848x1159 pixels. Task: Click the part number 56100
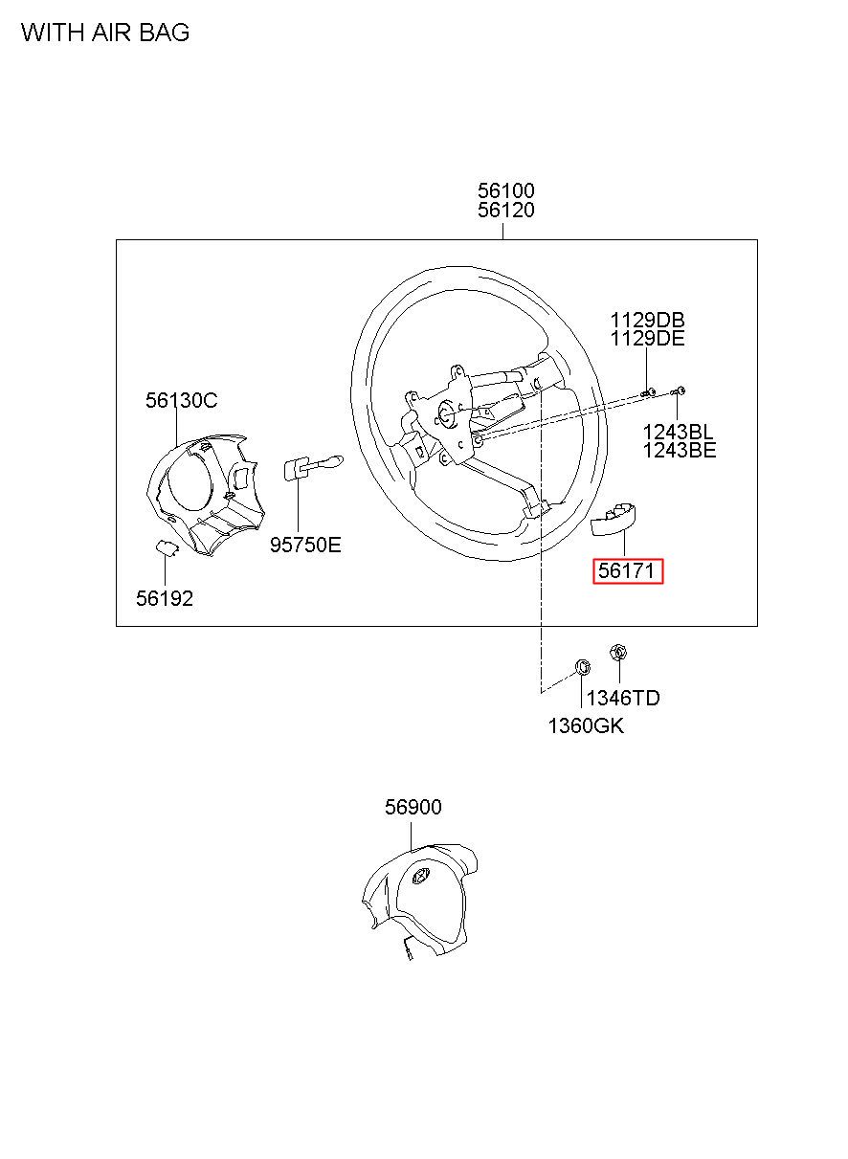click(506, 190)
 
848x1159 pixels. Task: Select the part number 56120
click(506, 211)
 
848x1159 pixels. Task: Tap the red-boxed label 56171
click(628, 572)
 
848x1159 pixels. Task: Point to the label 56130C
click(182, 400)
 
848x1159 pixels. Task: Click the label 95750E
click(305, 545)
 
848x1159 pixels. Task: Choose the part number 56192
click(165, 598)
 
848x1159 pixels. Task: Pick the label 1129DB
click(648, 320)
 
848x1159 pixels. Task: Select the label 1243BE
click(679, 450)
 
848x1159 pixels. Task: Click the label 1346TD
click(623, 698)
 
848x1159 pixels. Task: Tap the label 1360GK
click(586, 725)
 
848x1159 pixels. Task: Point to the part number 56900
click(413, 807)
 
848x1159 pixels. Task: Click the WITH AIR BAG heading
click(105, 33)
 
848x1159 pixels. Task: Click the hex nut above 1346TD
click(617, 653)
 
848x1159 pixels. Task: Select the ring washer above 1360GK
click(581, 665)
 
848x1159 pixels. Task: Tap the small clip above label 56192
click(167, 547)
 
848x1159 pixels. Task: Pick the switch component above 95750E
click(306, 468)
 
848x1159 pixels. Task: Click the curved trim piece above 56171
click(617, 519)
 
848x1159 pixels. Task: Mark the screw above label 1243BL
click(680, 390)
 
